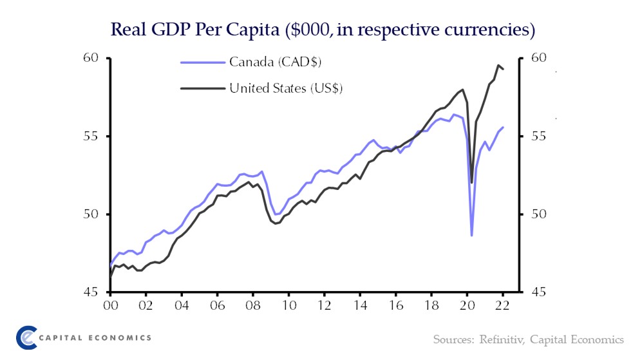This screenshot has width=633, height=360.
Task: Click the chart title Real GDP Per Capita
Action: click(323, 30)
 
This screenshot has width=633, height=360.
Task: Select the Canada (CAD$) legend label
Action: click(275, 62)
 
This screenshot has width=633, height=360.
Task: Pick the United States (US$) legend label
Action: click(286, 88)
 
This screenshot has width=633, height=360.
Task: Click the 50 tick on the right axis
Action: click(538, 214)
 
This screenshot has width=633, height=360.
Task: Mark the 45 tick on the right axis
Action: click(538, 292)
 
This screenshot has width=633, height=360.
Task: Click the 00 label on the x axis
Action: click(110, 306)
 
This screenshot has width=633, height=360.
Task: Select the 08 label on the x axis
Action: click(253, 306)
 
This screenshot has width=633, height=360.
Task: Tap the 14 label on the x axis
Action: click(360, 306)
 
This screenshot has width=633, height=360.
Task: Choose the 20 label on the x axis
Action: click(468, 306)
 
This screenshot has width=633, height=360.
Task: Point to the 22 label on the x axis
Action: click(503, 306)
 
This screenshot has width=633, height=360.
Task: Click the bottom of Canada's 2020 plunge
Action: click(471, 236)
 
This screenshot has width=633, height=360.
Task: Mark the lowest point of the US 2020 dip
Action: click(471, 183)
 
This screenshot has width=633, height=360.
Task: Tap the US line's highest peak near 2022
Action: click(498, 65)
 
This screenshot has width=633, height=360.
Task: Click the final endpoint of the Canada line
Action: click(504, 127)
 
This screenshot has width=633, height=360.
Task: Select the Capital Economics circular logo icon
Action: click(26, 337)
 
